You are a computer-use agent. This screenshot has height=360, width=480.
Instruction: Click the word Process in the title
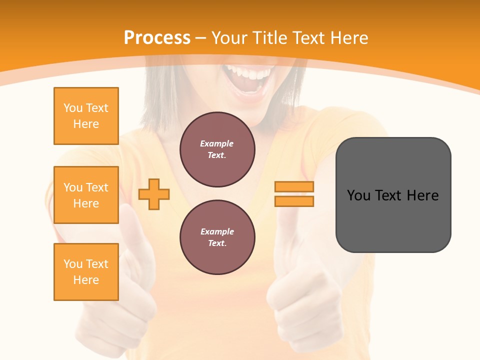[157, 38]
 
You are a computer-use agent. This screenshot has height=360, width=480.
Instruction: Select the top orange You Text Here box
[86, 116]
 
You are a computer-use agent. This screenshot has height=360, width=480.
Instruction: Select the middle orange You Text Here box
[86, 195]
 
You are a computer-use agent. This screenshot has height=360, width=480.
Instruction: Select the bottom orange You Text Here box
[86, 272]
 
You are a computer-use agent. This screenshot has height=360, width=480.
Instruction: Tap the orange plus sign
[154, 194]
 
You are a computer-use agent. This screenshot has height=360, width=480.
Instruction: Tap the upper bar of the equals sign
[294, 186]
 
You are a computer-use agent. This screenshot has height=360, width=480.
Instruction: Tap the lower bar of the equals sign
[294, 201]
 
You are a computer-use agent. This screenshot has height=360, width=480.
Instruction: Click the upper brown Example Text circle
[217, 149]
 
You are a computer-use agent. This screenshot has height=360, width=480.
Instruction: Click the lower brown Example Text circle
[217, 237]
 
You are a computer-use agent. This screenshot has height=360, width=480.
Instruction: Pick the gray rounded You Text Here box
[393, 195]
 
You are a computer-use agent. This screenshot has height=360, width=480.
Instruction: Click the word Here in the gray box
[422, 195]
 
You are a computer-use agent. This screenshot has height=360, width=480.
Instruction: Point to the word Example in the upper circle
[217, 143]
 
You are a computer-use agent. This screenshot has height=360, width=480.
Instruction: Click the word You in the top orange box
[73, 108]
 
